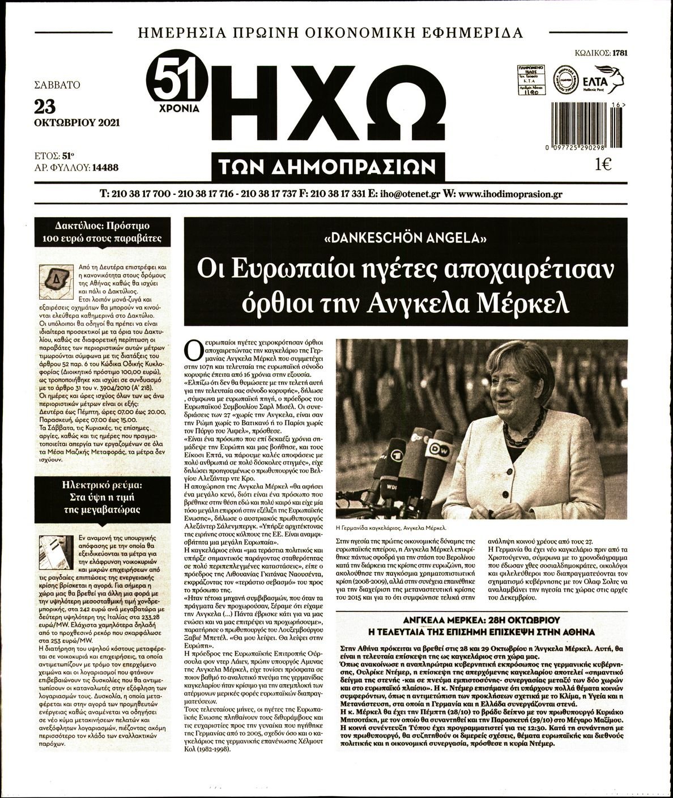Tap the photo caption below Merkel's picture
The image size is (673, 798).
[391, 527]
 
